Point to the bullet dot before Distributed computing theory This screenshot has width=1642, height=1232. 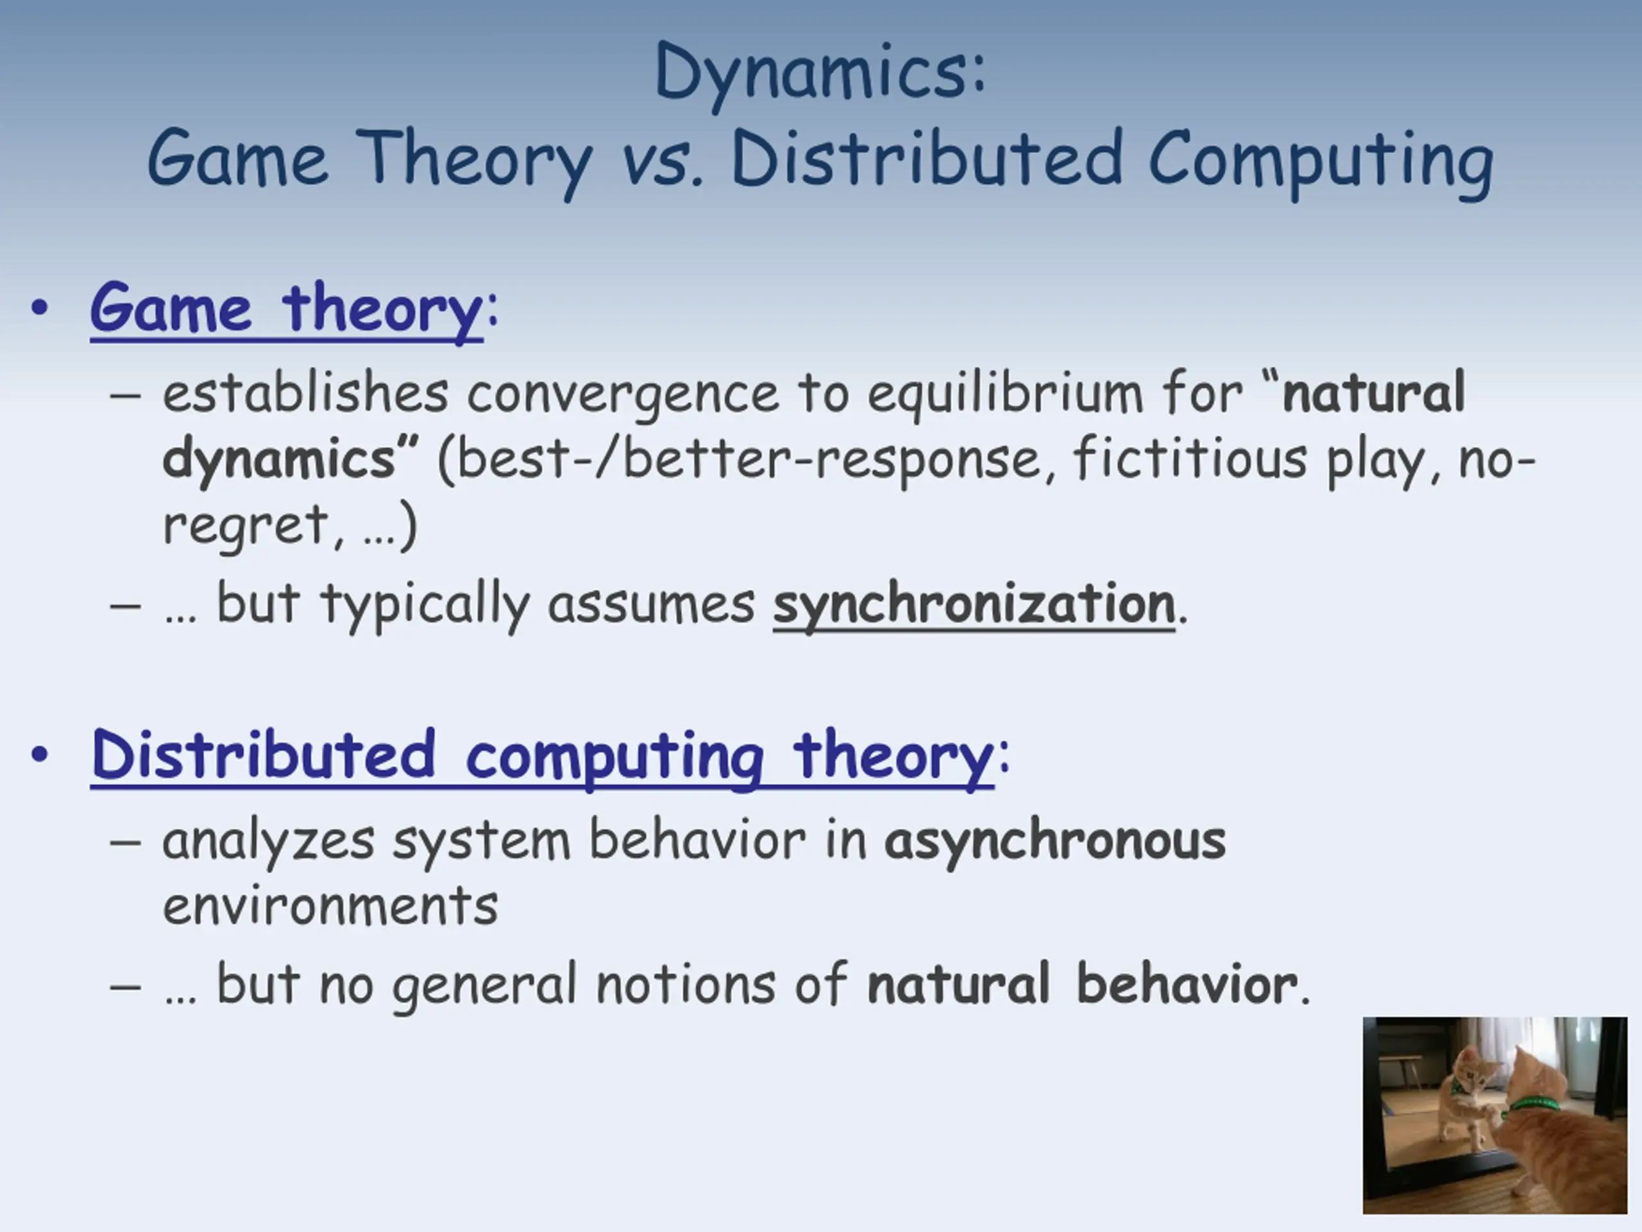point(40,755)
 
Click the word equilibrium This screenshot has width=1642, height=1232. point(1006,393)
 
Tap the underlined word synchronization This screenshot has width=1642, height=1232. point(974,605)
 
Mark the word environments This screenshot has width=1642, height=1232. point(330,907)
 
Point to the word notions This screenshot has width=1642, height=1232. point(685,984)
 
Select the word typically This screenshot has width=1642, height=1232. point(425,605)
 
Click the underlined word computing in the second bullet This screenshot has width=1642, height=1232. point(614,757)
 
